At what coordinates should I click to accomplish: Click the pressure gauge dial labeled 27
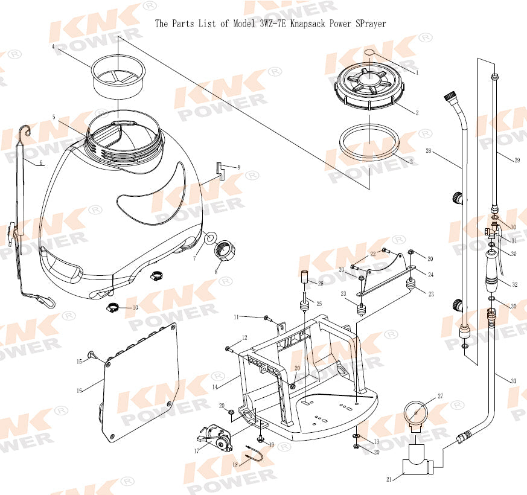click(417, 414)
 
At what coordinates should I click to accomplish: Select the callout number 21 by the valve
click(389, 479)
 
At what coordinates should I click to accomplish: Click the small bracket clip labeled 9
click(221, 171)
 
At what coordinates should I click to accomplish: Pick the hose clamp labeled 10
click(113, 307)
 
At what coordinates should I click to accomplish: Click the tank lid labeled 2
click(369, 86)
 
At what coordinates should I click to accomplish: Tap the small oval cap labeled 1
click(369, 53)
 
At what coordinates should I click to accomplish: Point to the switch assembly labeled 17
click(214, 438)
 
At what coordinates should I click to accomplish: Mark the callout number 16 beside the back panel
click(79, 391)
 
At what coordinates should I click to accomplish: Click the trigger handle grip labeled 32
click(493, 270)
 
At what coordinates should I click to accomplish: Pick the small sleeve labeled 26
click(304, 276)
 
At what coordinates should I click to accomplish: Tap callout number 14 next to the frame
click(214, 387)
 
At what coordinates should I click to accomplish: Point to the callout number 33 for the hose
click(513, 381)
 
